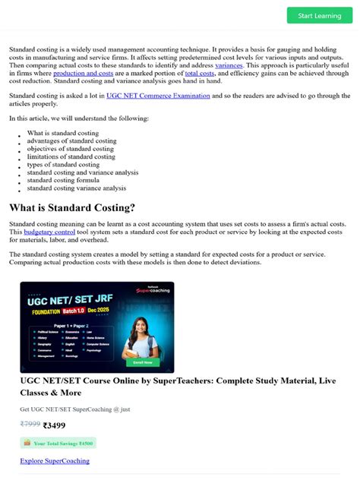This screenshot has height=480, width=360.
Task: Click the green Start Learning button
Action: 319,15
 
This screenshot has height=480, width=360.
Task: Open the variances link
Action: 229,65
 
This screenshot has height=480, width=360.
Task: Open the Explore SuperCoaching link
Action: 55,460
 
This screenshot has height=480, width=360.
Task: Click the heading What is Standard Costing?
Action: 72,207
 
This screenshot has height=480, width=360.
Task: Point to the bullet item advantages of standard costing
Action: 71,141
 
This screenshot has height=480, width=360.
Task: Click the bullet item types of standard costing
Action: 63,164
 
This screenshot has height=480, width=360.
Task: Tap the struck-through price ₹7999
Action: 30,425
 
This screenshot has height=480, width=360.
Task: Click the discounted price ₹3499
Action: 55,425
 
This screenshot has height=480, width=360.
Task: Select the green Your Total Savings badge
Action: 58,443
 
